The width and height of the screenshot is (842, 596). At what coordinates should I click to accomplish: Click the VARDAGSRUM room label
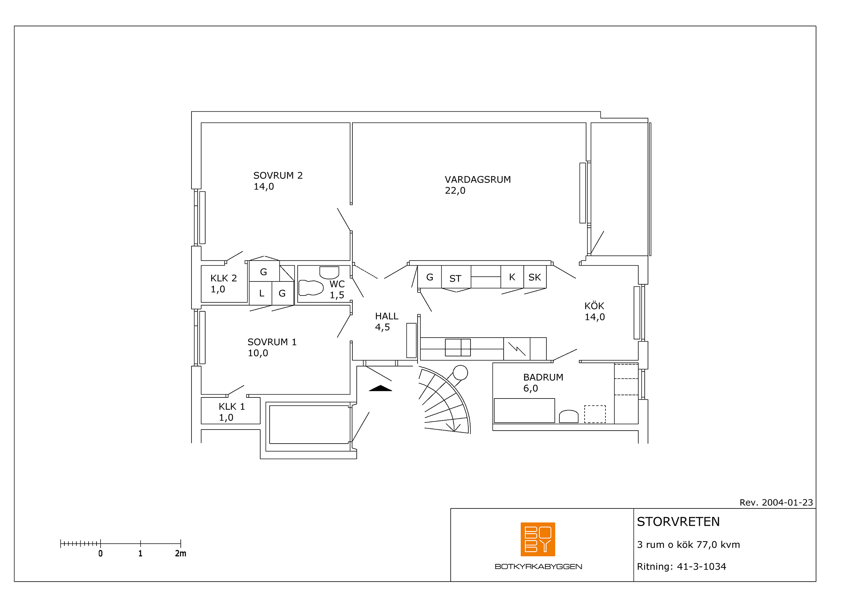[x=477, y=179]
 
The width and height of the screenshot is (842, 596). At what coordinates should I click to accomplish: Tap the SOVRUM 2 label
[x=278, y=175]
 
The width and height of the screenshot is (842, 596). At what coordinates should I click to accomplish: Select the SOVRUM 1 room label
[x=272, y=342]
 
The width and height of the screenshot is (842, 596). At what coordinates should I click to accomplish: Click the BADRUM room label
[x=543, y=377]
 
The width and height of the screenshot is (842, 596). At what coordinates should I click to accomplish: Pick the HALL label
[x=387, y=316]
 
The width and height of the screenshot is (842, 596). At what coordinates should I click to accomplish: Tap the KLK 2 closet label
[x=224, y=278]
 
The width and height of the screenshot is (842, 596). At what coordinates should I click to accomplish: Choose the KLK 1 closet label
[x=232, y=406]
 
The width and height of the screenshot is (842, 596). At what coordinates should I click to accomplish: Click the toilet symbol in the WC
[x=311, y=288]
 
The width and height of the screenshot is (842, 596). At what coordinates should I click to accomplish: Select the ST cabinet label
[x=455, y=279]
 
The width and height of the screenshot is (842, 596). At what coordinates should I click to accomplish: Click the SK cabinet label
[x=535, y=277]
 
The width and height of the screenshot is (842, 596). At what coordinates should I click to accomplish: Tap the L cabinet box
[x=260, y=293]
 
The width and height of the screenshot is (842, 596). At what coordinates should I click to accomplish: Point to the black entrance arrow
[x=380, y=388]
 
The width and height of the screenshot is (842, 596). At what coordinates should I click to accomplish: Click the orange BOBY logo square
[x=537, y=539]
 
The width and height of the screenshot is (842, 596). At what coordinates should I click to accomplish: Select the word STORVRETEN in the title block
[x=678, y=521]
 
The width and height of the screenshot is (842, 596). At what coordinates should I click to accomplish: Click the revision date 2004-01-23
[x=787, y=502]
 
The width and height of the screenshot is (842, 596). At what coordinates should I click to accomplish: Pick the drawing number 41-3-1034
[x=701, y=566]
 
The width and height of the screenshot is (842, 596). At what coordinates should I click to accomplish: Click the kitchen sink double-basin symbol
[x=458, y=347]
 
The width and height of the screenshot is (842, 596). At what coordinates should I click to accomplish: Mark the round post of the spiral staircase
[x=460, y=373]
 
